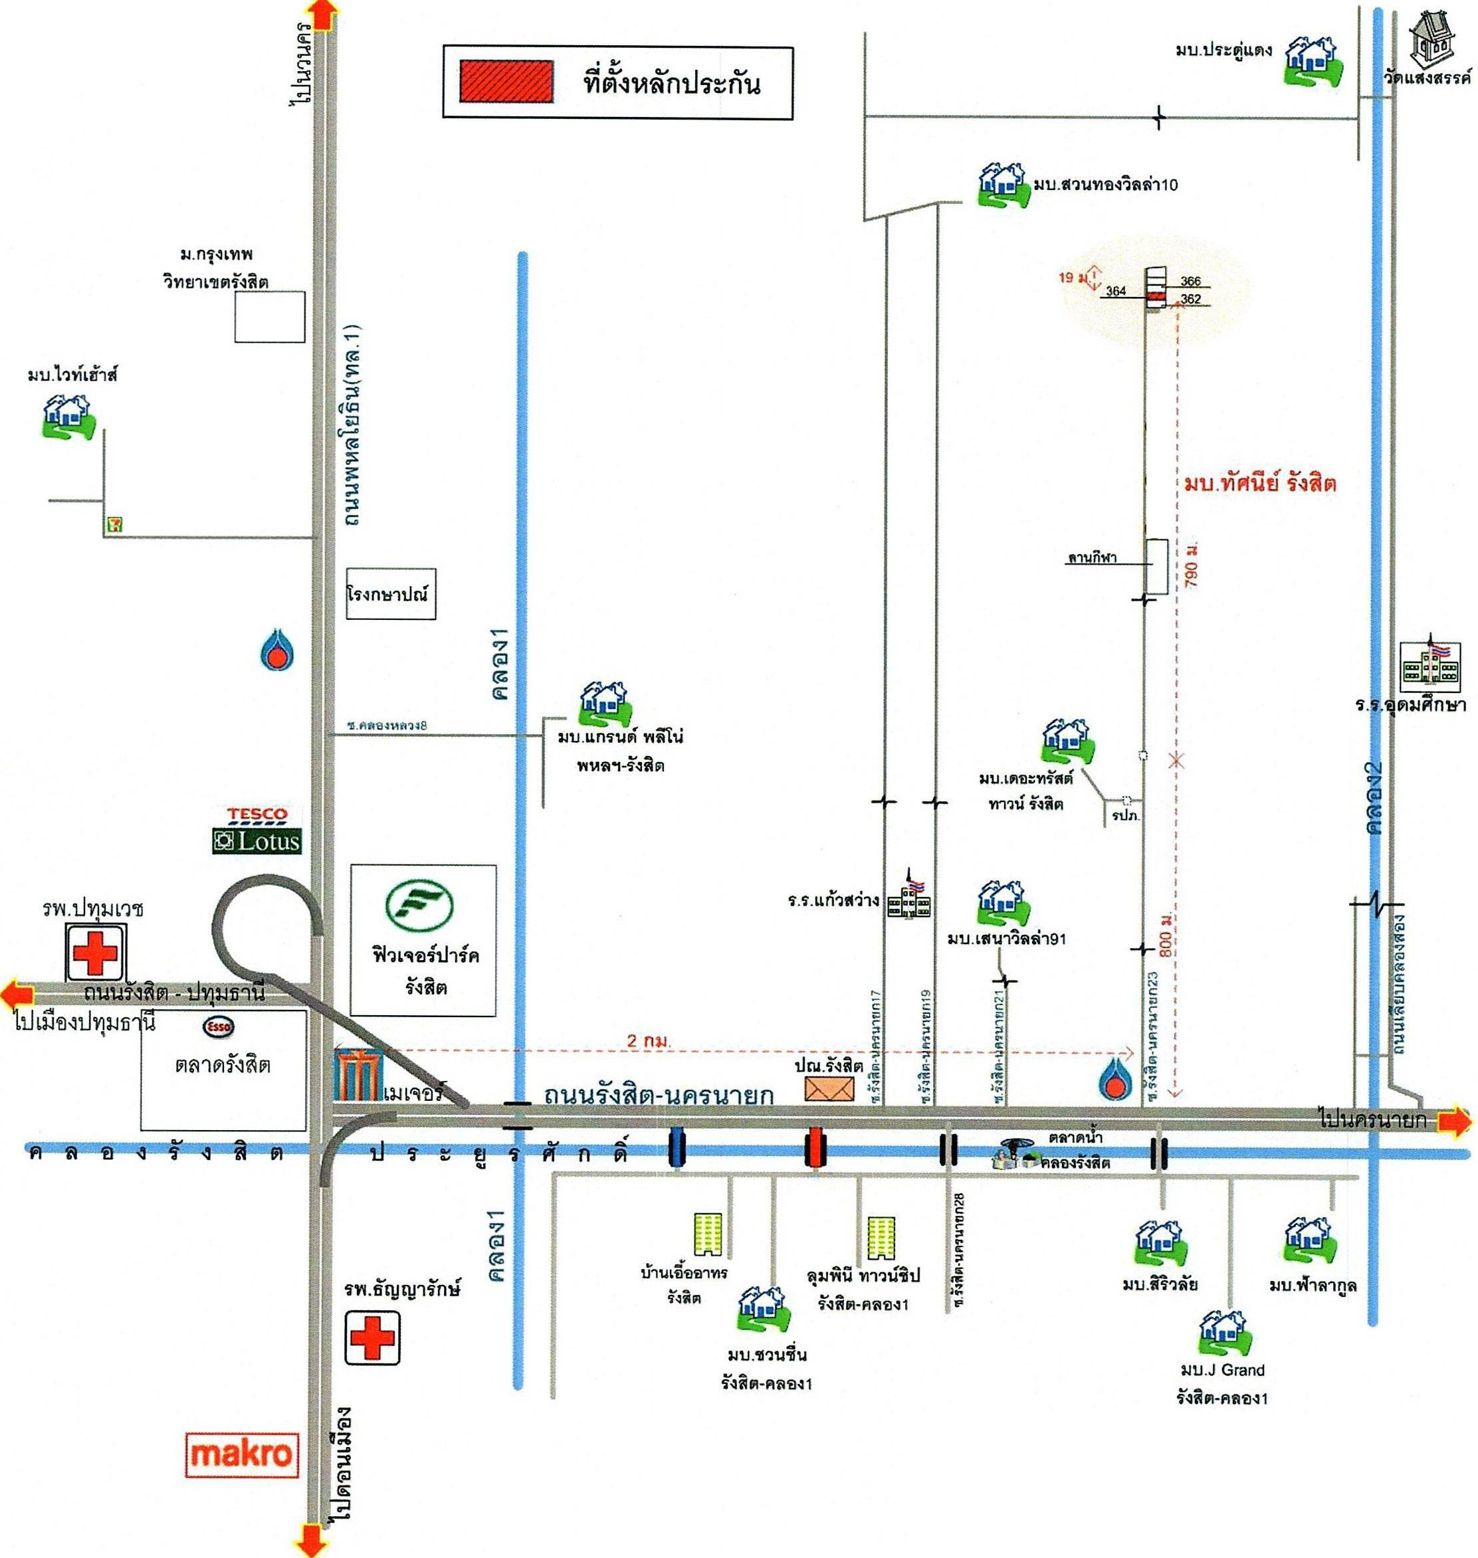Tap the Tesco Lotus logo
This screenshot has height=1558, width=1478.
pos(257,830)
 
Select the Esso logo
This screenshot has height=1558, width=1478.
pos(219,1027)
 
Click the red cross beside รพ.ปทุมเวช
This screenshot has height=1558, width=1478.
pos(95,953)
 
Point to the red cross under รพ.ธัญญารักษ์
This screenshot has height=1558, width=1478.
pos(372,1338)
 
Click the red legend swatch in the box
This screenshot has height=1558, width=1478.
pos(506,82)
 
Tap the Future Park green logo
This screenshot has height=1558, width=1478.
pos(419,908)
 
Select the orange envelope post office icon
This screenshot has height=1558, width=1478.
pos(829,1088)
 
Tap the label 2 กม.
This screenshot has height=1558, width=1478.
pos(649,1041)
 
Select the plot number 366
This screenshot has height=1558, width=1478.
pos(1190,281)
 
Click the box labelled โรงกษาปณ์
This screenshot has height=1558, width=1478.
pos(391,594)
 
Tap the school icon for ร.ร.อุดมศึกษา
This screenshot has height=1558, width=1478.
pos(1430,662)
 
